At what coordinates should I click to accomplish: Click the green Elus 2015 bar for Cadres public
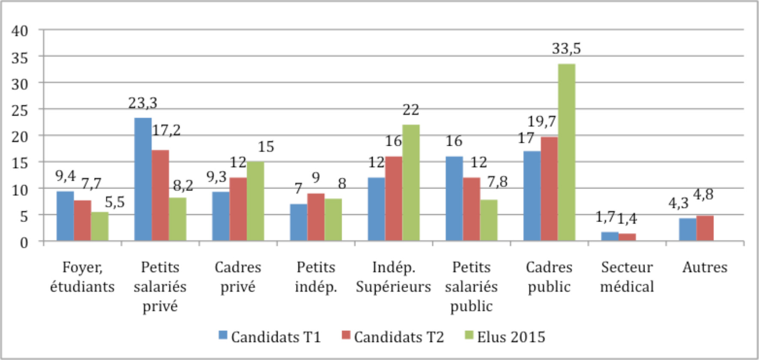point(566,152)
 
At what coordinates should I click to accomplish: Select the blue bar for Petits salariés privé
point(143,179)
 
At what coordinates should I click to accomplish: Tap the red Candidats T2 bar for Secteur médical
point(627,237)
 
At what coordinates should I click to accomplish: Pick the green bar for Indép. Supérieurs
point(411,183)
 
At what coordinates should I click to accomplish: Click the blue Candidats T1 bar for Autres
point(687,230)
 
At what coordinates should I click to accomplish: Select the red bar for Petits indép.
point(316,217)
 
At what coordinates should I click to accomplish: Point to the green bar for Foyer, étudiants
point(100,226)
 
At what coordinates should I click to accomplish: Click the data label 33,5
point(566,49)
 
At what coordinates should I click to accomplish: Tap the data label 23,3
point(143,103)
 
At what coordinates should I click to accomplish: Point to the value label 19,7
point(541,122)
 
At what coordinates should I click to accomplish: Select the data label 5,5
point(114,202)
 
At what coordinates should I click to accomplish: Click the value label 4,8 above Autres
point(703,195)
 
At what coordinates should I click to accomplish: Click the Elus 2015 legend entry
point(505,337)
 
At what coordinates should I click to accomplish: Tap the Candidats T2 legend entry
point(393,337)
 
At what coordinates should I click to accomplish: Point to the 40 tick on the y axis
point(20,31)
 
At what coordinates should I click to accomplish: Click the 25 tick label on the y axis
point(20,110)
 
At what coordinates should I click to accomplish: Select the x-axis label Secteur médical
point(627,277)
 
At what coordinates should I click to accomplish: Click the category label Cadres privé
point(238,277)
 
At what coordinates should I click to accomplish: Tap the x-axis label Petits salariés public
point(471,286)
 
